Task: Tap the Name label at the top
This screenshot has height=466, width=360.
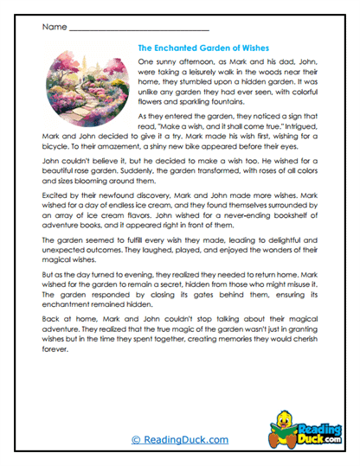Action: point(53,27)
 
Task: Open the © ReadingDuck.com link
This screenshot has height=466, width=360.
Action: point(179,440)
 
